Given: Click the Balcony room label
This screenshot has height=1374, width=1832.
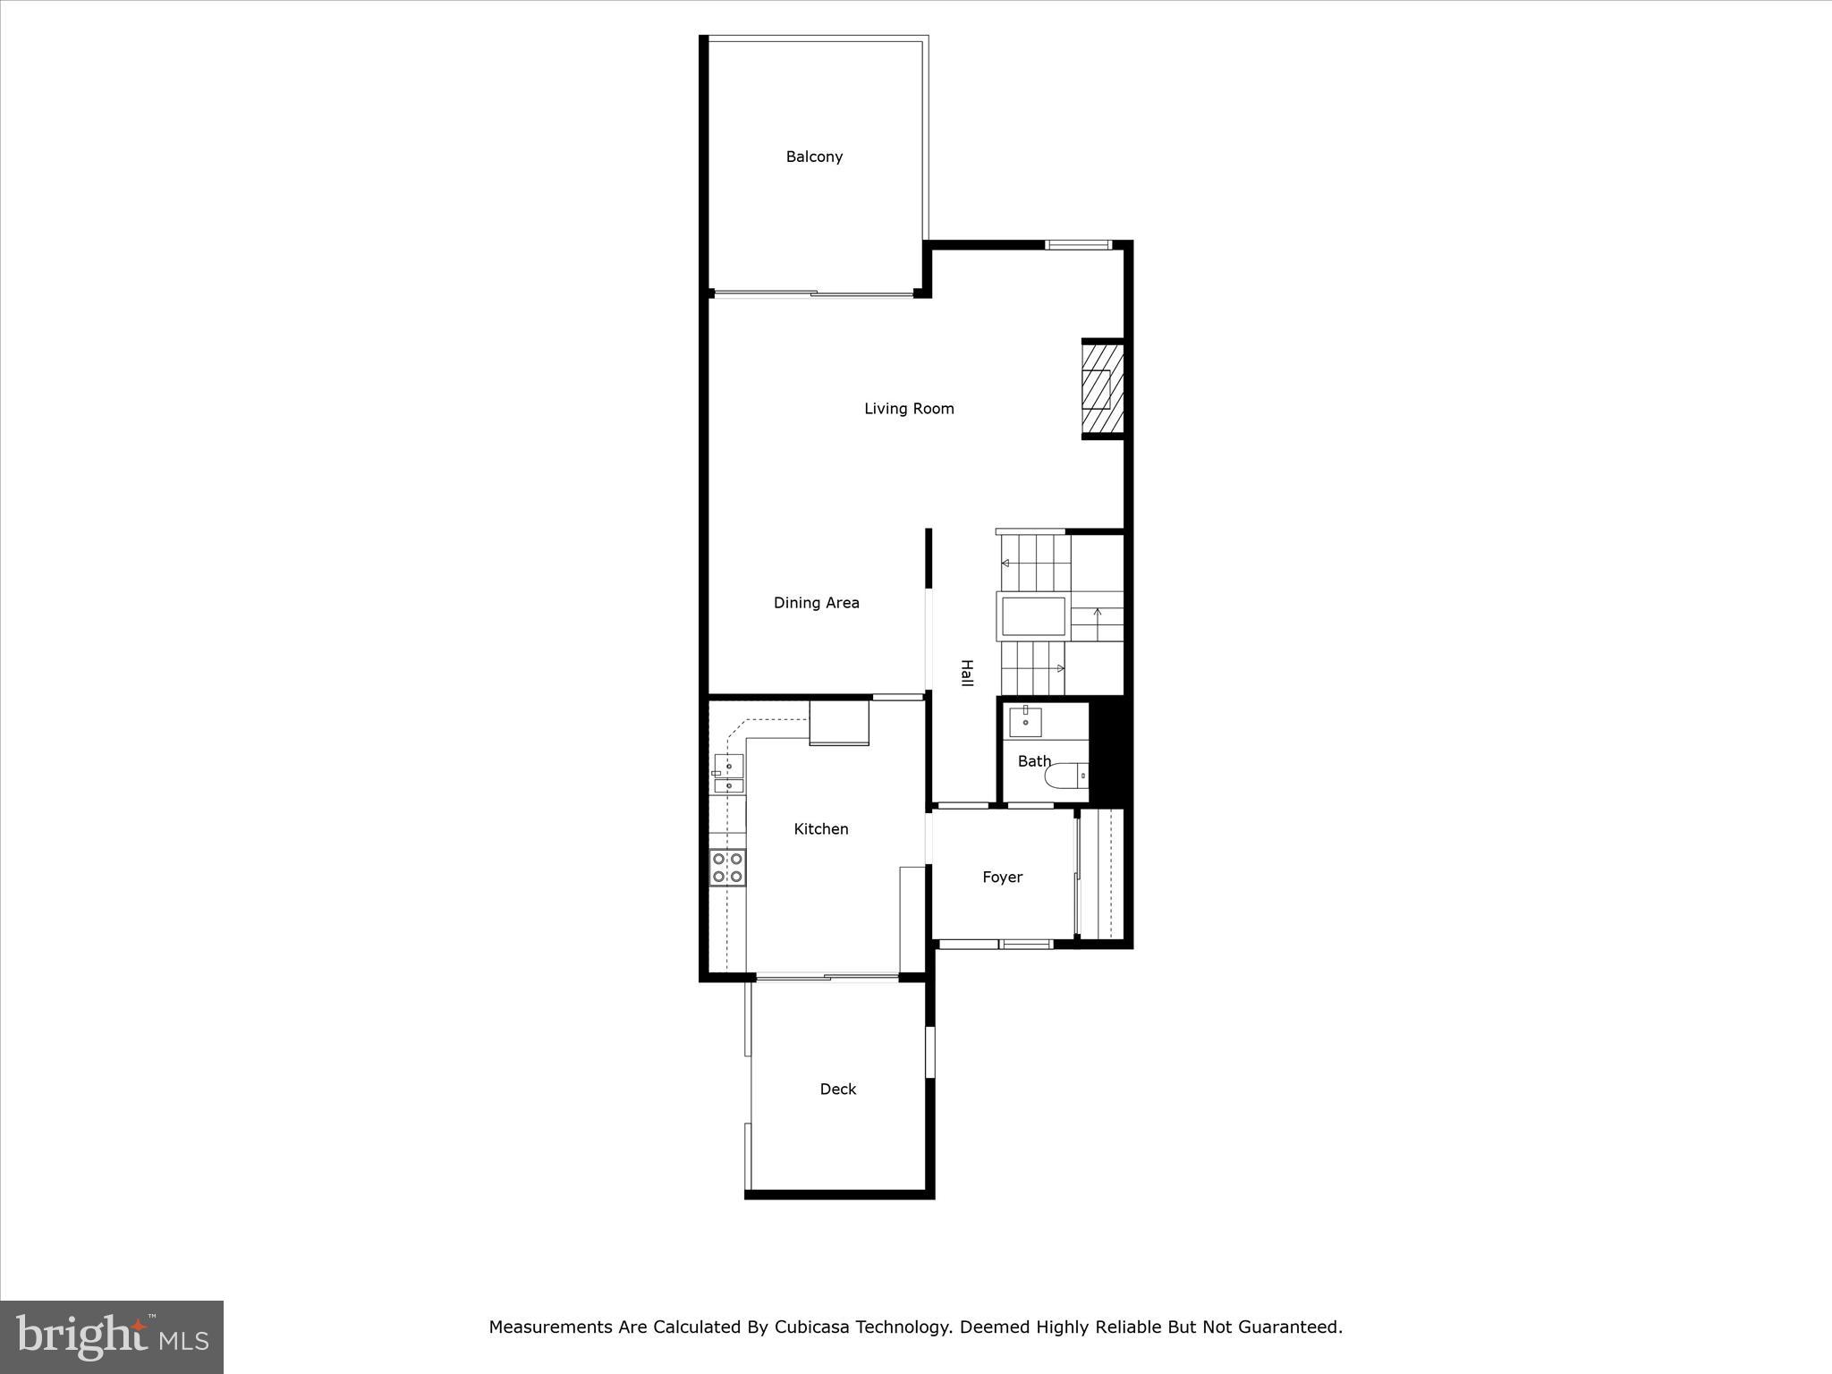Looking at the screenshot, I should (x=814, y=157).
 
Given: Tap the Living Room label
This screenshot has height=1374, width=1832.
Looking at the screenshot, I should (x=909, y=409).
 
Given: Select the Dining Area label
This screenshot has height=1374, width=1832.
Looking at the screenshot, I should (x=816, y=603).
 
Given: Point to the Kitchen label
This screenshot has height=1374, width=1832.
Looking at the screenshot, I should (x=820, y=829).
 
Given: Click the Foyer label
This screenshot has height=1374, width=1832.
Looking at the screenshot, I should (x=1002, y=878).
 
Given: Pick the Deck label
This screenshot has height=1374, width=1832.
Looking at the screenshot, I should (x=837, y=1090).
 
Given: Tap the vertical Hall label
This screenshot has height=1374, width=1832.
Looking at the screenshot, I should (x=966, y=673).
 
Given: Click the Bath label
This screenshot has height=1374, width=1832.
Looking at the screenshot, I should (x=1034, y=761).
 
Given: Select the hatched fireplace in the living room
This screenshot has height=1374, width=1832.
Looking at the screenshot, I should (x=1101, y=389).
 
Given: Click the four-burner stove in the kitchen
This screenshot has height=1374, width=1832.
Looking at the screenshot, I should (x=727, y=868).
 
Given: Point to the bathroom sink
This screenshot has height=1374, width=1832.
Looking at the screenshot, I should (x=1025, y=721).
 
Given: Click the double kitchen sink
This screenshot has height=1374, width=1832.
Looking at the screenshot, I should (x=729, y=775).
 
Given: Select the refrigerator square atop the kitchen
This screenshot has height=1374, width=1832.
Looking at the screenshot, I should (x=839, y=723).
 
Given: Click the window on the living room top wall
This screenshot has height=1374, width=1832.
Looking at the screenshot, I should (x=1077, y=245).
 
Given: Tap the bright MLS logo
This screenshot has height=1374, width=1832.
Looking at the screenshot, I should (x=112, y=1336).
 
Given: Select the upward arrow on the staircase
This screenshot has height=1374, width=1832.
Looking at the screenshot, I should (x=1098, y=615).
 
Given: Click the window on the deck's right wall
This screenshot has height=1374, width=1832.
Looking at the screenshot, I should (x=929, y=1051).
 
